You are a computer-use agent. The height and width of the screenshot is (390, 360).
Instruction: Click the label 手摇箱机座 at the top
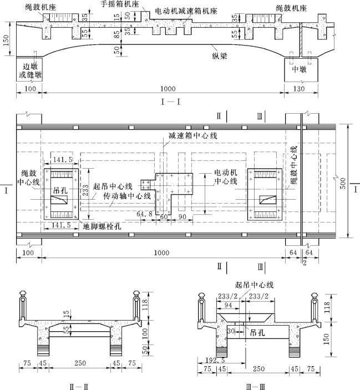pos(119,4)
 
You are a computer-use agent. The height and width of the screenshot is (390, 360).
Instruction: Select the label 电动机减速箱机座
pos(186,11)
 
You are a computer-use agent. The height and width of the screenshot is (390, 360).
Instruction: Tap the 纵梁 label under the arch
pos(220,56)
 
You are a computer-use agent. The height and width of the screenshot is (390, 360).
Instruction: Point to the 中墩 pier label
pos(299,69)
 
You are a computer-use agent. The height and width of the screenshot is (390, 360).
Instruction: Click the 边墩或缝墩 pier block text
pos(30,70)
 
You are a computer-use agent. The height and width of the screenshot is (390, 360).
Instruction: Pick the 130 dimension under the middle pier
pos(299,89)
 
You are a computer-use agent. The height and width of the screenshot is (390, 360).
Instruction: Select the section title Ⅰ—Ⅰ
pos(170,102)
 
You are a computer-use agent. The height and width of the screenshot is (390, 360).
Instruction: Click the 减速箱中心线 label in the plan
pos(193,135)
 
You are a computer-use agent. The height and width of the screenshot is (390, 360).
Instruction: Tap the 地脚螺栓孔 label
pos(102,226)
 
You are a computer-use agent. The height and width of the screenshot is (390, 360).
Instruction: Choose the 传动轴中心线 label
pos(127,196)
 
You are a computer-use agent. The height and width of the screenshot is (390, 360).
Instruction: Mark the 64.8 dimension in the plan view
pos(144,214)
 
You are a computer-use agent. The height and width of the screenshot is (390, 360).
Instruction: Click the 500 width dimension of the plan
pos(343,183)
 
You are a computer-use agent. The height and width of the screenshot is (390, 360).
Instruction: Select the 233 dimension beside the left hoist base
pos(85,190)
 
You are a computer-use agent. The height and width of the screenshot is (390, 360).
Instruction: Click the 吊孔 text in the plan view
pos(60,190)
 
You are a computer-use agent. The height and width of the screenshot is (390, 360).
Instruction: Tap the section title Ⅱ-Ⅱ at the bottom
pos(79,387)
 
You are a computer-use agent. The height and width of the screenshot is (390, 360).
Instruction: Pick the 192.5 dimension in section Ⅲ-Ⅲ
pos(215,360)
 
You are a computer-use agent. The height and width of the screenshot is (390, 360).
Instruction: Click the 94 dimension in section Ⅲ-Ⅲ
pos(228,305)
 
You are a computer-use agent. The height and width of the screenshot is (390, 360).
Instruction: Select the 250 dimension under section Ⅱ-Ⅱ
pos(80,363)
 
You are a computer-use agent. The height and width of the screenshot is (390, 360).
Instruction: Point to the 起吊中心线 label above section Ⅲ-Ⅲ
pos(255,285)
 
